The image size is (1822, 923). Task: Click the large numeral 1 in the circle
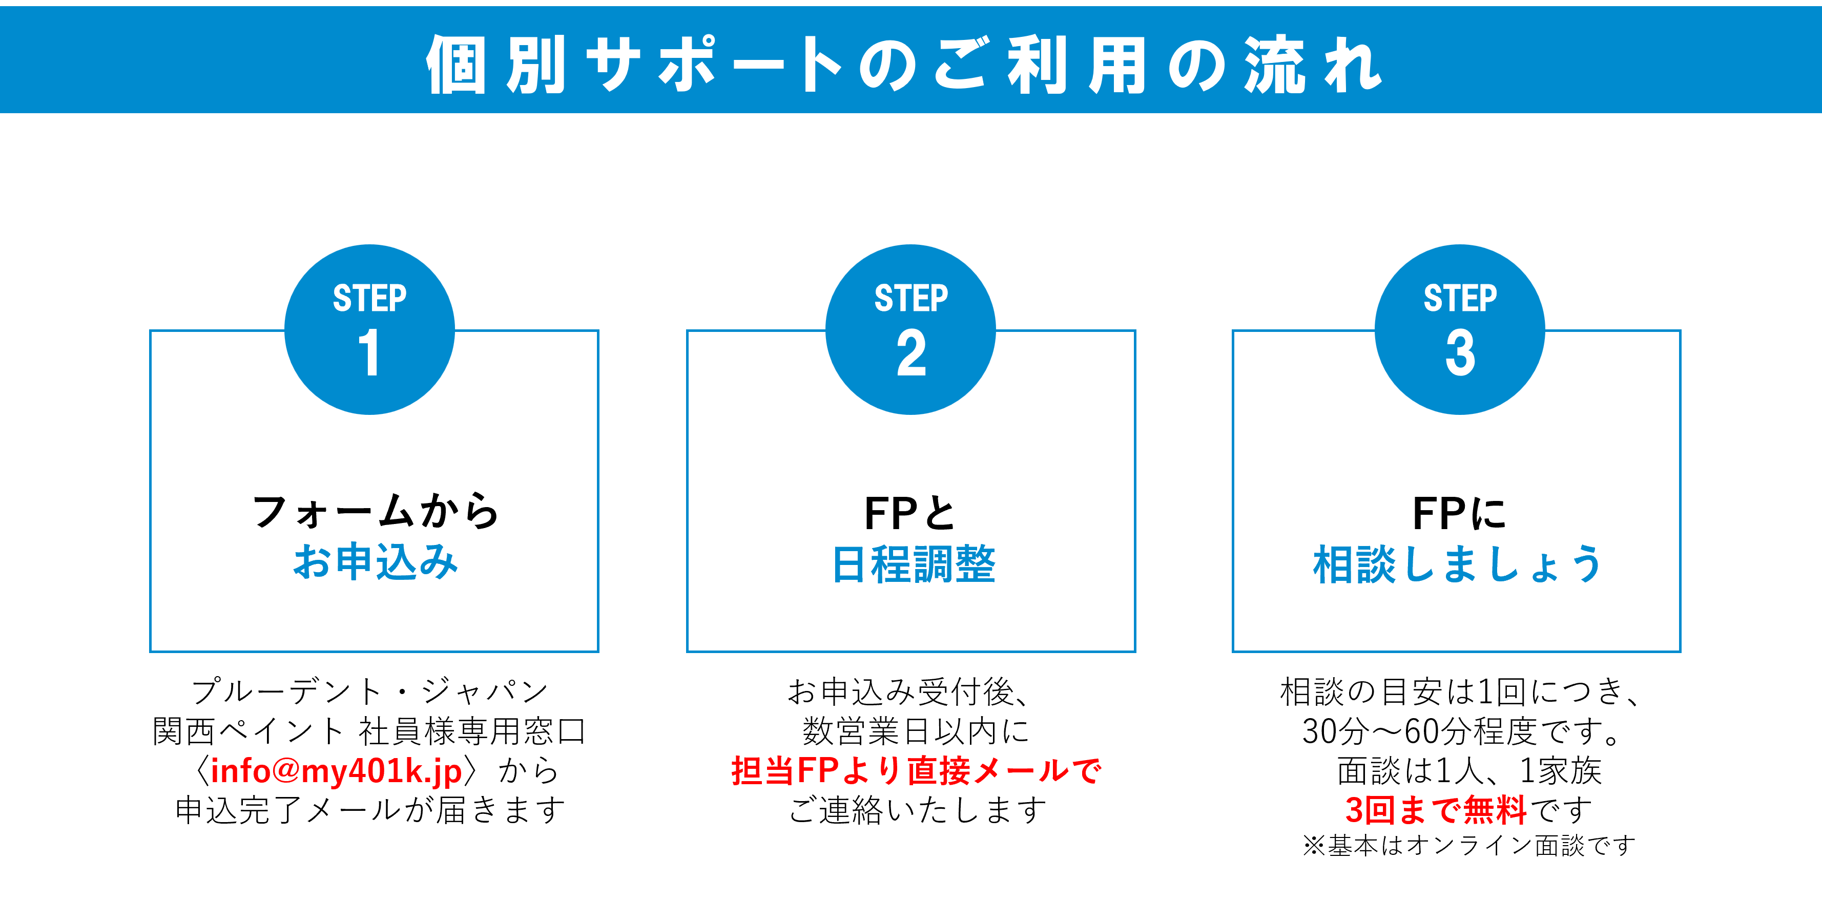pyautogui.click(x=369, y=352)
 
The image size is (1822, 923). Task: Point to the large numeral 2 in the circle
pyautogui.click(x=911, y=352)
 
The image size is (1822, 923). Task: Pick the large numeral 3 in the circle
pyautogui.click(x=1460, y=352)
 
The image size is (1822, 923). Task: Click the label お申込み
pyautogui.click(x=376, y=562)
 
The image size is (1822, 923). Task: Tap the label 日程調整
pyautogui.click(x=914, y=564)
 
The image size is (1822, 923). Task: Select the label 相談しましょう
pyautogui.click(x=1457, y=564)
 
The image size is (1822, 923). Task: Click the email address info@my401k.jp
pyautogui.click(x=337, y=771)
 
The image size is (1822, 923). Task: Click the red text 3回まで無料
pyautogui.click(x=1436, y=810)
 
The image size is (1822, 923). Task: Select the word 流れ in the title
pyautogui.click(x=1313, y=65)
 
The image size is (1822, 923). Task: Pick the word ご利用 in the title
pyautogui.click(x=1040, y=65)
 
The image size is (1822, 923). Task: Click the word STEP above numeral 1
pyautogui.click(x=369, y=298)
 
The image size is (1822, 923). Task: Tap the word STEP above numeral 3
pyautogui.click(x=1460, y=298)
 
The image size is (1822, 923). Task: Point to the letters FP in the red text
pyautogui.click(x=818, y=770)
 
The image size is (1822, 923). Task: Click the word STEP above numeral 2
pyautogui.click(x=911, y=298)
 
